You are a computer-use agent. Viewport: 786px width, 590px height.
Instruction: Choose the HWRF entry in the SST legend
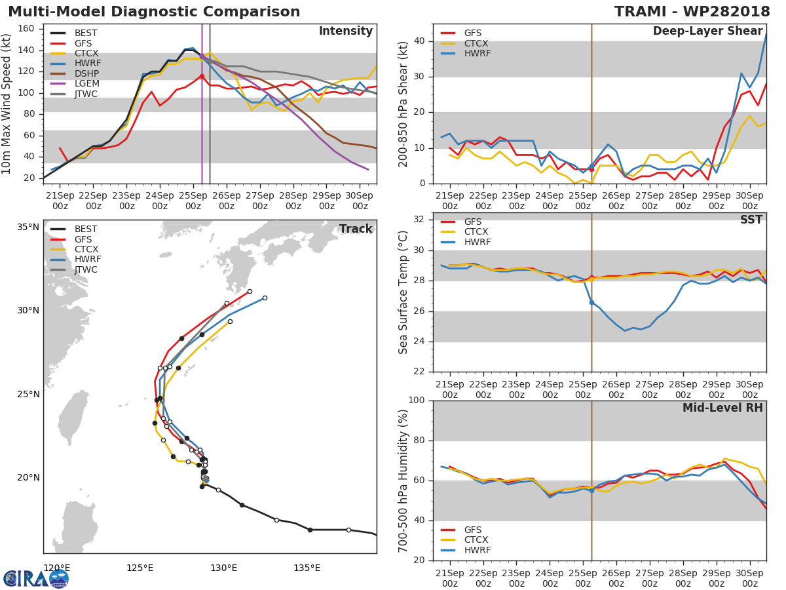pos(476,243)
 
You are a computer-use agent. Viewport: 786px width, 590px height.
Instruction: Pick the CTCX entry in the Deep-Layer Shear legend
pos(476,43)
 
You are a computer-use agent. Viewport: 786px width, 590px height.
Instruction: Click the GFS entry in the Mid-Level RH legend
pos(476,530)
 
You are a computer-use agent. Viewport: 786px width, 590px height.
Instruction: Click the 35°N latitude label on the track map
pos(28,227)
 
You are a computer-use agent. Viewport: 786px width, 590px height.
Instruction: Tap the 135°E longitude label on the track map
pos(307,568)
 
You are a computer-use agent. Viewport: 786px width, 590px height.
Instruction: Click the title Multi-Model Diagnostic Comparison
pos(154,12)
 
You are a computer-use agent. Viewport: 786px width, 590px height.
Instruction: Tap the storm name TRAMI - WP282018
pos(692,12)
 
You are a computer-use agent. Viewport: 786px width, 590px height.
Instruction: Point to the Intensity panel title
pos(345,31)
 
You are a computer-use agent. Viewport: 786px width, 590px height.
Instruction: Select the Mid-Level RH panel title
pos(722,408)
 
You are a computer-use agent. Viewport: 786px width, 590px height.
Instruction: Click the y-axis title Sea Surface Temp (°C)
pos(404,292)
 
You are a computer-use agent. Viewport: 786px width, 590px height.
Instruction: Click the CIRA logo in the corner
pos(36,578)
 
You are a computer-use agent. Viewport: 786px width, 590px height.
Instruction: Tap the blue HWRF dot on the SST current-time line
pos(591,302)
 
